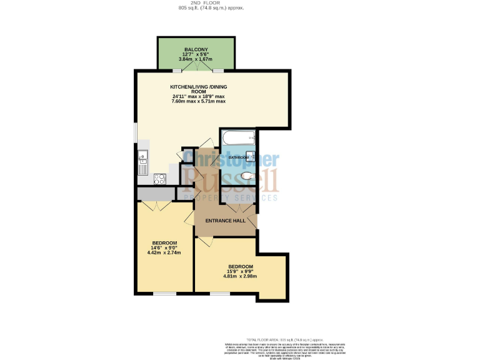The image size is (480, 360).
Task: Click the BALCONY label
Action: [196, 49]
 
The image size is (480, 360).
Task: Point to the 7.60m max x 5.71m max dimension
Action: [199, 101]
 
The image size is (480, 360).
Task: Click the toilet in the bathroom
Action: [248, 176]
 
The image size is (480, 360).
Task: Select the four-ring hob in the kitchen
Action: [159, 178]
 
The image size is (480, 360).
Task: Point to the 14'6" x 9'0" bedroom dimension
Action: [164, 247]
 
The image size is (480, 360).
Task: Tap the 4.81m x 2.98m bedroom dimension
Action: [241, 276]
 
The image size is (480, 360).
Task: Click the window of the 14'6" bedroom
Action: [165, 294]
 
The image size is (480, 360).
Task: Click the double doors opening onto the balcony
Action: [196, 69]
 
